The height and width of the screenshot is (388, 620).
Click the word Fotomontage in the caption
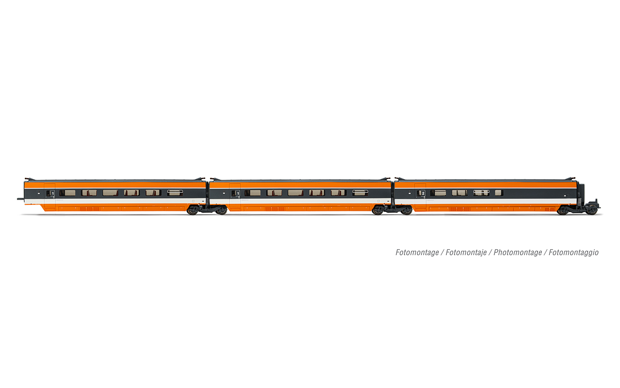click(x=417, y=253)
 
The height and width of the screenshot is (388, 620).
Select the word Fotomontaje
click(x=466, y=253)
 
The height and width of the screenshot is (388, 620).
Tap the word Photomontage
click(x=517, y=253)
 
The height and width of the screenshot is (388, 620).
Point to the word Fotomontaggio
click(x=574, y=253)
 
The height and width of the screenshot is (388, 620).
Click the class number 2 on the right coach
click(x=423, y=193)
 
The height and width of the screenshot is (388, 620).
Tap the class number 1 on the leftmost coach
click(x=52, y=193)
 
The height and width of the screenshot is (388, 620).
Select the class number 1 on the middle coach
click(x=238, y=193)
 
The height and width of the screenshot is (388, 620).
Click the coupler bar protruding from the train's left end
click(x=21, y=199)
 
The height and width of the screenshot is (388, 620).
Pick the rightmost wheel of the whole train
click(x=592, y=211)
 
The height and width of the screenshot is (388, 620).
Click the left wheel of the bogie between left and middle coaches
click(x=192, y=211)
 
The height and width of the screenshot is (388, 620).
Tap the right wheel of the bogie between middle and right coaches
click(x=407, y=211)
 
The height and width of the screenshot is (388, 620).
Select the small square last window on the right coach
click(x=499, y=193)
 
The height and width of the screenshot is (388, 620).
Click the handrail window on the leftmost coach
click(x=175, y=193)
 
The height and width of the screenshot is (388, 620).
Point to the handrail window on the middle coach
click(x=360, y=193)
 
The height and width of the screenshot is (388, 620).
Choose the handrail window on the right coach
click(x=481, y=193)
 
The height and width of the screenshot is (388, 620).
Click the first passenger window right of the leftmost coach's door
click(x=67, y=193)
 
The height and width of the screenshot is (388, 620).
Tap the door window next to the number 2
click(x=420, y=193)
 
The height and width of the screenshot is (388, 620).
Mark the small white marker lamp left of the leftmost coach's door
click(x=38, y=192)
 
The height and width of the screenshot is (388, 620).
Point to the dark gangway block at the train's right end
click(x=581, y=194)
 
